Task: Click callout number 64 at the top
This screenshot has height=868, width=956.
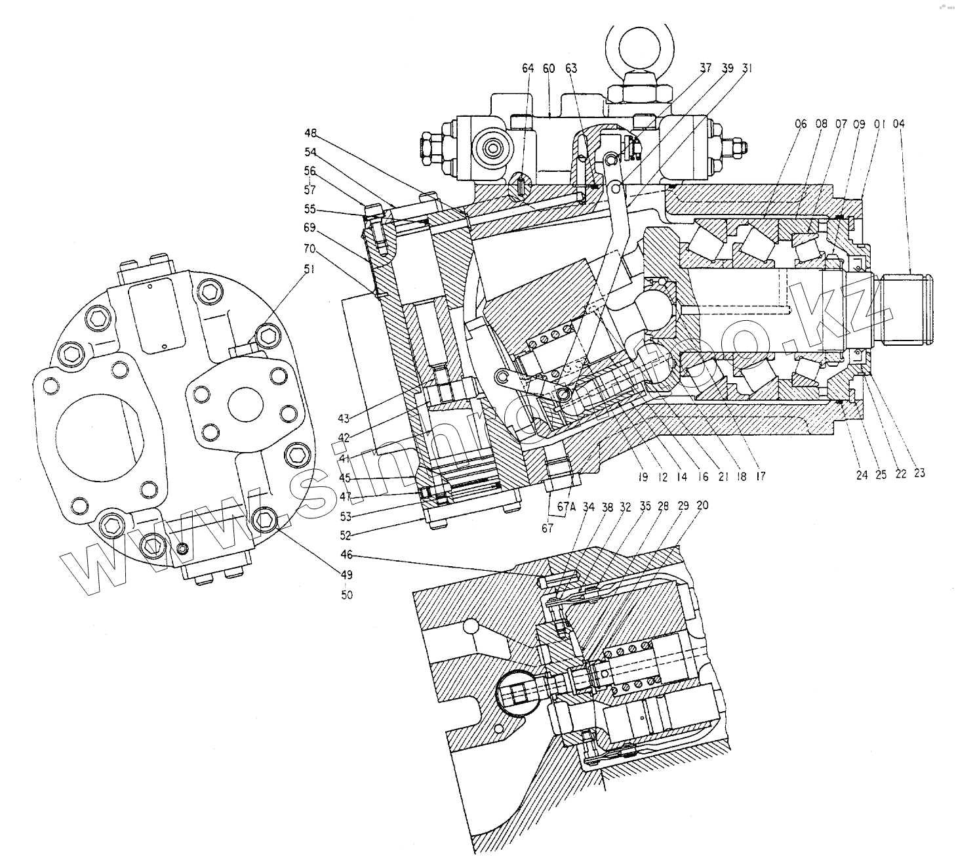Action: tap(528, 68)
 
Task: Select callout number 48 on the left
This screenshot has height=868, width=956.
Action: tap(311, 133)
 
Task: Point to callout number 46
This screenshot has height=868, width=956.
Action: tap(346, 554)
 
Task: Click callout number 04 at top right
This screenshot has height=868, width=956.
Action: tap(898, 123)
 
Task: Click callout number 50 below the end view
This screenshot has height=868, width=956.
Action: tap(346, 595)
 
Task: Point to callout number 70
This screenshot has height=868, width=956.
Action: tap(309, 249)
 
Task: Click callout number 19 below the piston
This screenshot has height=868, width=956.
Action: tap(643, 477)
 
